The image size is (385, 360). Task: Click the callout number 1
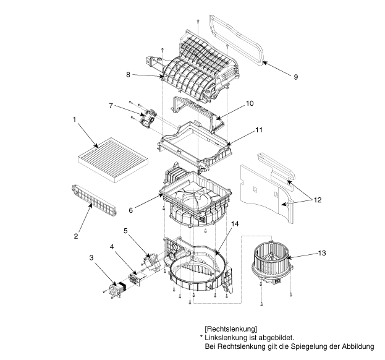[74, 119]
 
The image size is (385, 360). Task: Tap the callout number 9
[295, 77]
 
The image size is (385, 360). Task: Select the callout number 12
[318, 200]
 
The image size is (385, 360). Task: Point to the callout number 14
[235, 224]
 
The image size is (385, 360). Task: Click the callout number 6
[130, 210]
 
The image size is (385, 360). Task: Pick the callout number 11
[259, 130]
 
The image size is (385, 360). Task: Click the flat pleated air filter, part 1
[113, 160]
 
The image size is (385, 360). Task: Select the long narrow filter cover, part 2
[94, 200]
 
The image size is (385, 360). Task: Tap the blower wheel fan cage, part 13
[272, 264]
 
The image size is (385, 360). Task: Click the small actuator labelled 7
[148, 119]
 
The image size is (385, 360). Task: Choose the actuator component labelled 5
[151, 262]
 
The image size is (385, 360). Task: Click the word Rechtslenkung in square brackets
[231, 329]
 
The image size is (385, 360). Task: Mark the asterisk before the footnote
[201, 336]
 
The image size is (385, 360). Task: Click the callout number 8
[128, 74]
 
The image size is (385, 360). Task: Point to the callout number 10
[250, 103]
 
